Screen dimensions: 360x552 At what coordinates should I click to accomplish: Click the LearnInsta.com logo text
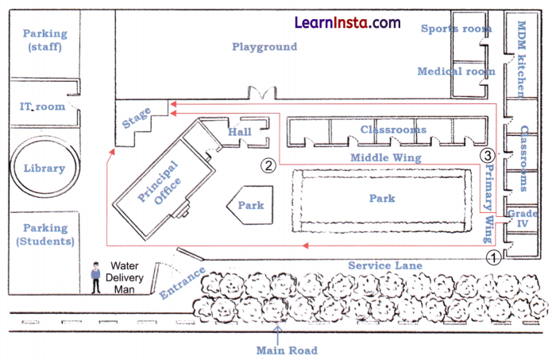(x=348, y=22)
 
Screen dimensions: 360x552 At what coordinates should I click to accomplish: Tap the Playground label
(x=264, y=47)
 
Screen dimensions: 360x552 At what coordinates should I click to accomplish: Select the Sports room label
(x=457, y=29)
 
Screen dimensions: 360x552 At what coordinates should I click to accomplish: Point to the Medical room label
(x=457, y=72)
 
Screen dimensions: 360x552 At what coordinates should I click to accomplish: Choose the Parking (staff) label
(x=44, y=41)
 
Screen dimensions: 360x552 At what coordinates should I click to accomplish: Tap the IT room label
(x=41, y=106)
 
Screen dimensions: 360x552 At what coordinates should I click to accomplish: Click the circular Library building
(x=45, y=168)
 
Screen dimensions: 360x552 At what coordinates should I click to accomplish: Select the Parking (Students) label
(x=45, y=234)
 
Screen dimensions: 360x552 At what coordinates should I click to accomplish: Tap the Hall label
(x=240, y=130)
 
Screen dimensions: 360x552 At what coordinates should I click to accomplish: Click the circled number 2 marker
(x=268, y=165)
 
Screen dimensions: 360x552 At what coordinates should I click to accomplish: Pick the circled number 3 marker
(x=489, y=154)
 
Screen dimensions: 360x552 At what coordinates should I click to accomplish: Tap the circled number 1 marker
(x=492, y=257)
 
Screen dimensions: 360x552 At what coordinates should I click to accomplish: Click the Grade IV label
(x=523, y=219)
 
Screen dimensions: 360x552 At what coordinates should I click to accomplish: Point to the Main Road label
(x=287, y=350)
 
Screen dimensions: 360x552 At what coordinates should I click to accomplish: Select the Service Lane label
(x=386, y=265)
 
